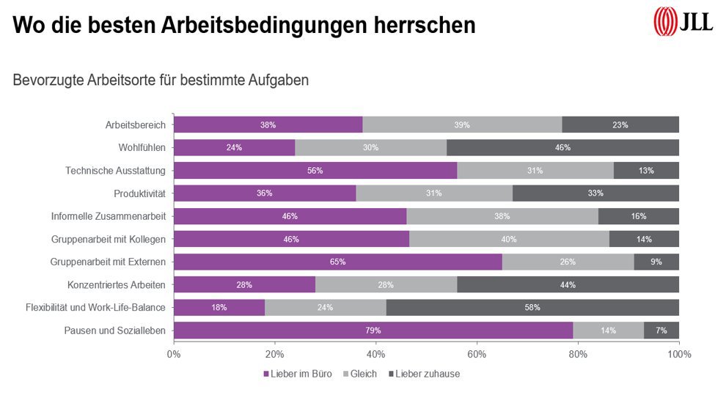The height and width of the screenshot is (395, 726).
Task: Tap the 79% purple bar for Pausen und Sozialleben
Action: [373, 331]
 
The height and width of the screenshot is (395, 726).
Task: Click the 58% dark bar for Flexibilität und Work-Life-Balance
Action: [532, 308]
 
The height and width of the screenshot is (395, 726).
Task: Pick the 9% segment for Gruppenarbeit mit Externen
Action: [656, 262]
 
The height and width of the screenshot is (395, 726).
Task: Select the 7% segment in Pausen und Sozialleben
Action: [661, 331]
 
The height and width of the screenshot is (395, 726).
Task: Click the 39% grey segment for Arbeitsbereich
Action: [462, 125]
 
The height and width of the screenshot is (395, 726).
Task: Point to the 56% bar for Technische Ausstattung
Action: [315, 171]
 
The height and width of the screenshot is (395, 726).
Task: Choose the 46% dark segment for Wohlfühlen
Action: [562, 147]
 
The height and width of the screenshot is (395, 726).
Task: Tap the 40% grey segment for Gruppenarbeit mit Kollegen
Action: [509, 239]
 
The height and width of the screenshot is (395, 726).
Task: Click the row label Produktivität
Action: [139, 193]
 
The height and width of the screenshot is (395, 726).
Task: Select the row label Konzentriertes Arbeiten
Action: [117, 285]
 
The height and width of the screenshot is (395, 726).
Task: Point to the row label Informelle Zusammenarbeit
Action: [109, 216]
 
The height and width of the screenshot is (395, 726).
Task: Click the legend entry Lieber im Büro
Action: [298, 374]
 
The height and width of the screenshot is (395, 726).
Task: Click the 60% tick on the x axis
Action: [477, 355]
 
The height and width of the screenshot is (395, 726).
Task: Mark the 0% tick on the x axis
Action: [174, 355]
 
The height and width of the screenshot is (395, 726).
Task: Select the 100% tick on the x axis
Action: [678, 355]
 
